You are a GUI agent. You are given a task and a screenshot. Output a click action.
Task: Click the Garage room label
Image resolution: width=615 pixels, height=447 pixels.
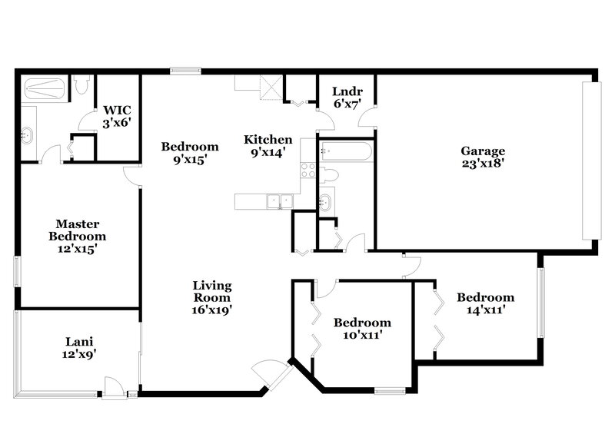pos(483,151)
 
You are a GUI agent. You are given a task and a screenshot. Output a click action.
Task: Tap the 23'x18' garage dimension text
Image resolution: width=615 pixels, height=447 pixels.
pos(483,164)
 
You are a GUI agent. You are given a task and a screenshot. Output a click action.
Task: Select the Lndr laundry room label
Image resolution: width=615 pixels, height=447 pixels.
pos(346,91)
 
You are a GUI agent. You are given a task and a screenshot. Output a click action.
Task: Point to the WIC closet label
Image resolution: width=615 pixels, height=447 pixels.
pos(118,110)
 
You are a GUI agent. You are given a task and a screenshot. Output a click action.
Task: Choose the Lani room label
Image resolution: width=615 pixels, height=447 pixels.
pos(79,341)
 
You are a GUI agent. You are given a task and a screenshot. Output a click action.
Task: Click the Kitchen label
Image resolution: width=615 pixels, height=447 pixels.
pos(268,139)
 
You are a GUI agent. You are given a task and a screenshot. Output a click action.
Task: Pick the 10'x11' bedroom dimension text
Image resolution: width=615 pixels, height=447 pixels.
pos(361,336)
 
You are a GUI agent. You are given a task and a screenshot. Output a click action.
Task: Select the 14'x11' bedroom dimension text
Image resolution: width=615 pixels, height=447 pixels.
pos(485,311)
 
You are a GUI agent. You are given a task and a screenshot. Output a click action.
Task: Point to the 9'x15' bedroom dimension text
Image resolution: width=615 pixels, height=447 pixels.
pos(189,160)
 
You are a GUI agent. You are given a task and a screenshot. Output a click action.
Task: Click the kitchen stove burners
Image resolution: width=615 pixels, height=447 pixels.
pos(308,171)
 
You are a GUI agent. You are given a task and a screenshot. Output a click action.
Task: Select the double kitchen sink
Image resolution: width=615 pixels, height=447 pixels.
pos(279,201)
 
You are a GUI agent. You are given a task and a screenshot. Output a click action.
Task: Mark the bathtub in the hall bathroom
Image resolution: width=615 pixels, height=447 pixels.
pos(346,151)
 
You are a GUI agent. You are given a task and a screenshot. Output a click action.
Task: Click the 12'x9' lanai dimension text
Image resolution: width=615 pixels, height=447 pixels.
pos(79,354)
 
